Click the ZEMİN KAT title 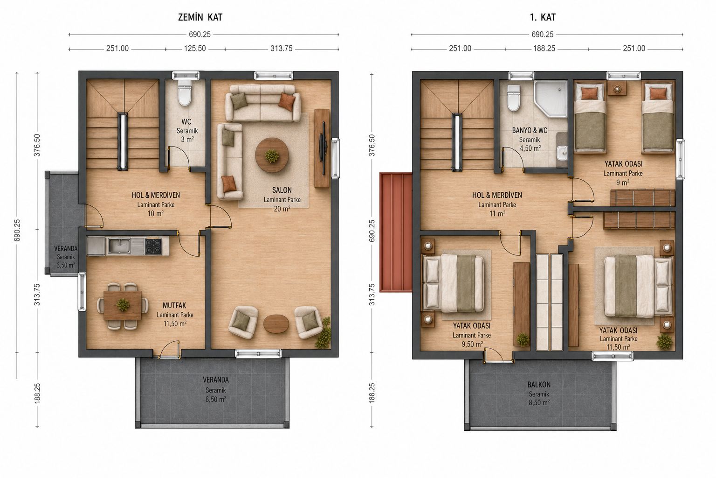200,17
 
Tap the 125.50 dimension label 195,49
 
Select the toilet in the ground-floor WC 185,92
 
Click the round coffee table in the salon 272,155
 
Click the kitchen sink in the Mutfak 119,246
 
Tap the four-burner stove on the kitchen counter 153,246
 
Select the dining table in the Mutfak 123,305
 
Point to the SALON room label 282,190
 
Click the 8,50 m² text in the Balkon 539,402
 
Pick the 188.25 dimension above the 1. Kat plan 544,49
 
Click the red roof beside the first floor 396,232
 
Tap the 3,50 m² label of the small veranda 66,265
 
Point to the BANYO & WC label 530,131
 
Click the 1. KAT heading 543,17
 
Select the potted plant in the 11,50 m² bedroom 664,342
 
